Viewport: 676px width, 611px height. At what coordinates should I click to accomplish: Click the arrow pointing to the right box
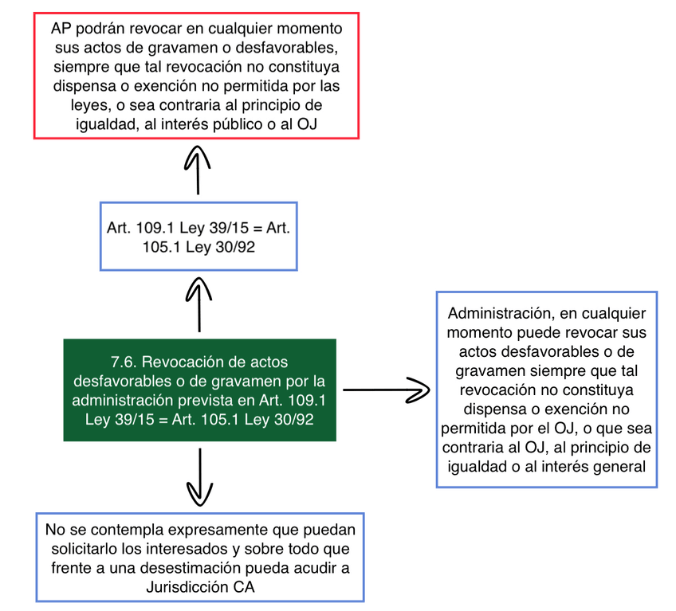tap(387, 390)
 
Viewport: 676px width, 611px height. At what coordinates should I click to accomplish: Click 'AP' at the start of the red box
tap(61, 29)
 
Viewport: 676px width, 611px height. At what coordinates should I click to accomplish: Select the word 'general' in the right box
tap(619, 466)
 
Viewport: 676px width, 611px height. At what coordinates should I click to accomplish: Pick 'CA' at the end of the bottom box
tap(245, 587)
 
